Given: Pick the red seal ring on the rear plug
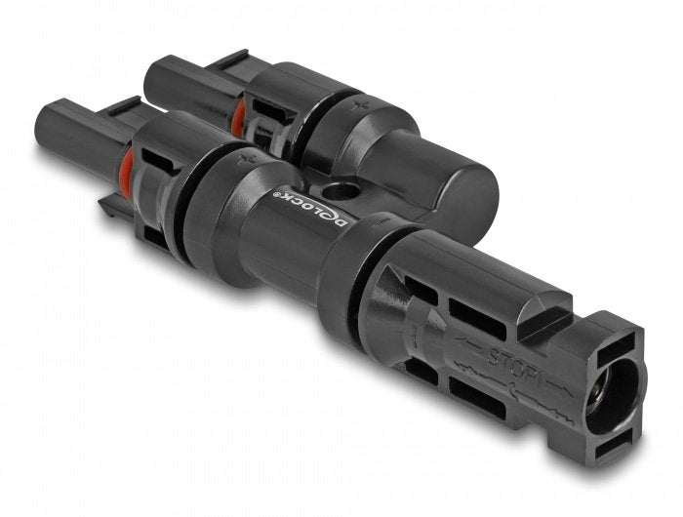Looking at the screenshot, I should [x=237, y=116].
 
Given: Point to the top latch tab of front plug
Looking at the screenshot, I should [x=123, y=108].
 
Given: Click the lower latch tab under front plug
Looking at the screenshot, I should [x=107, y=207].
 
